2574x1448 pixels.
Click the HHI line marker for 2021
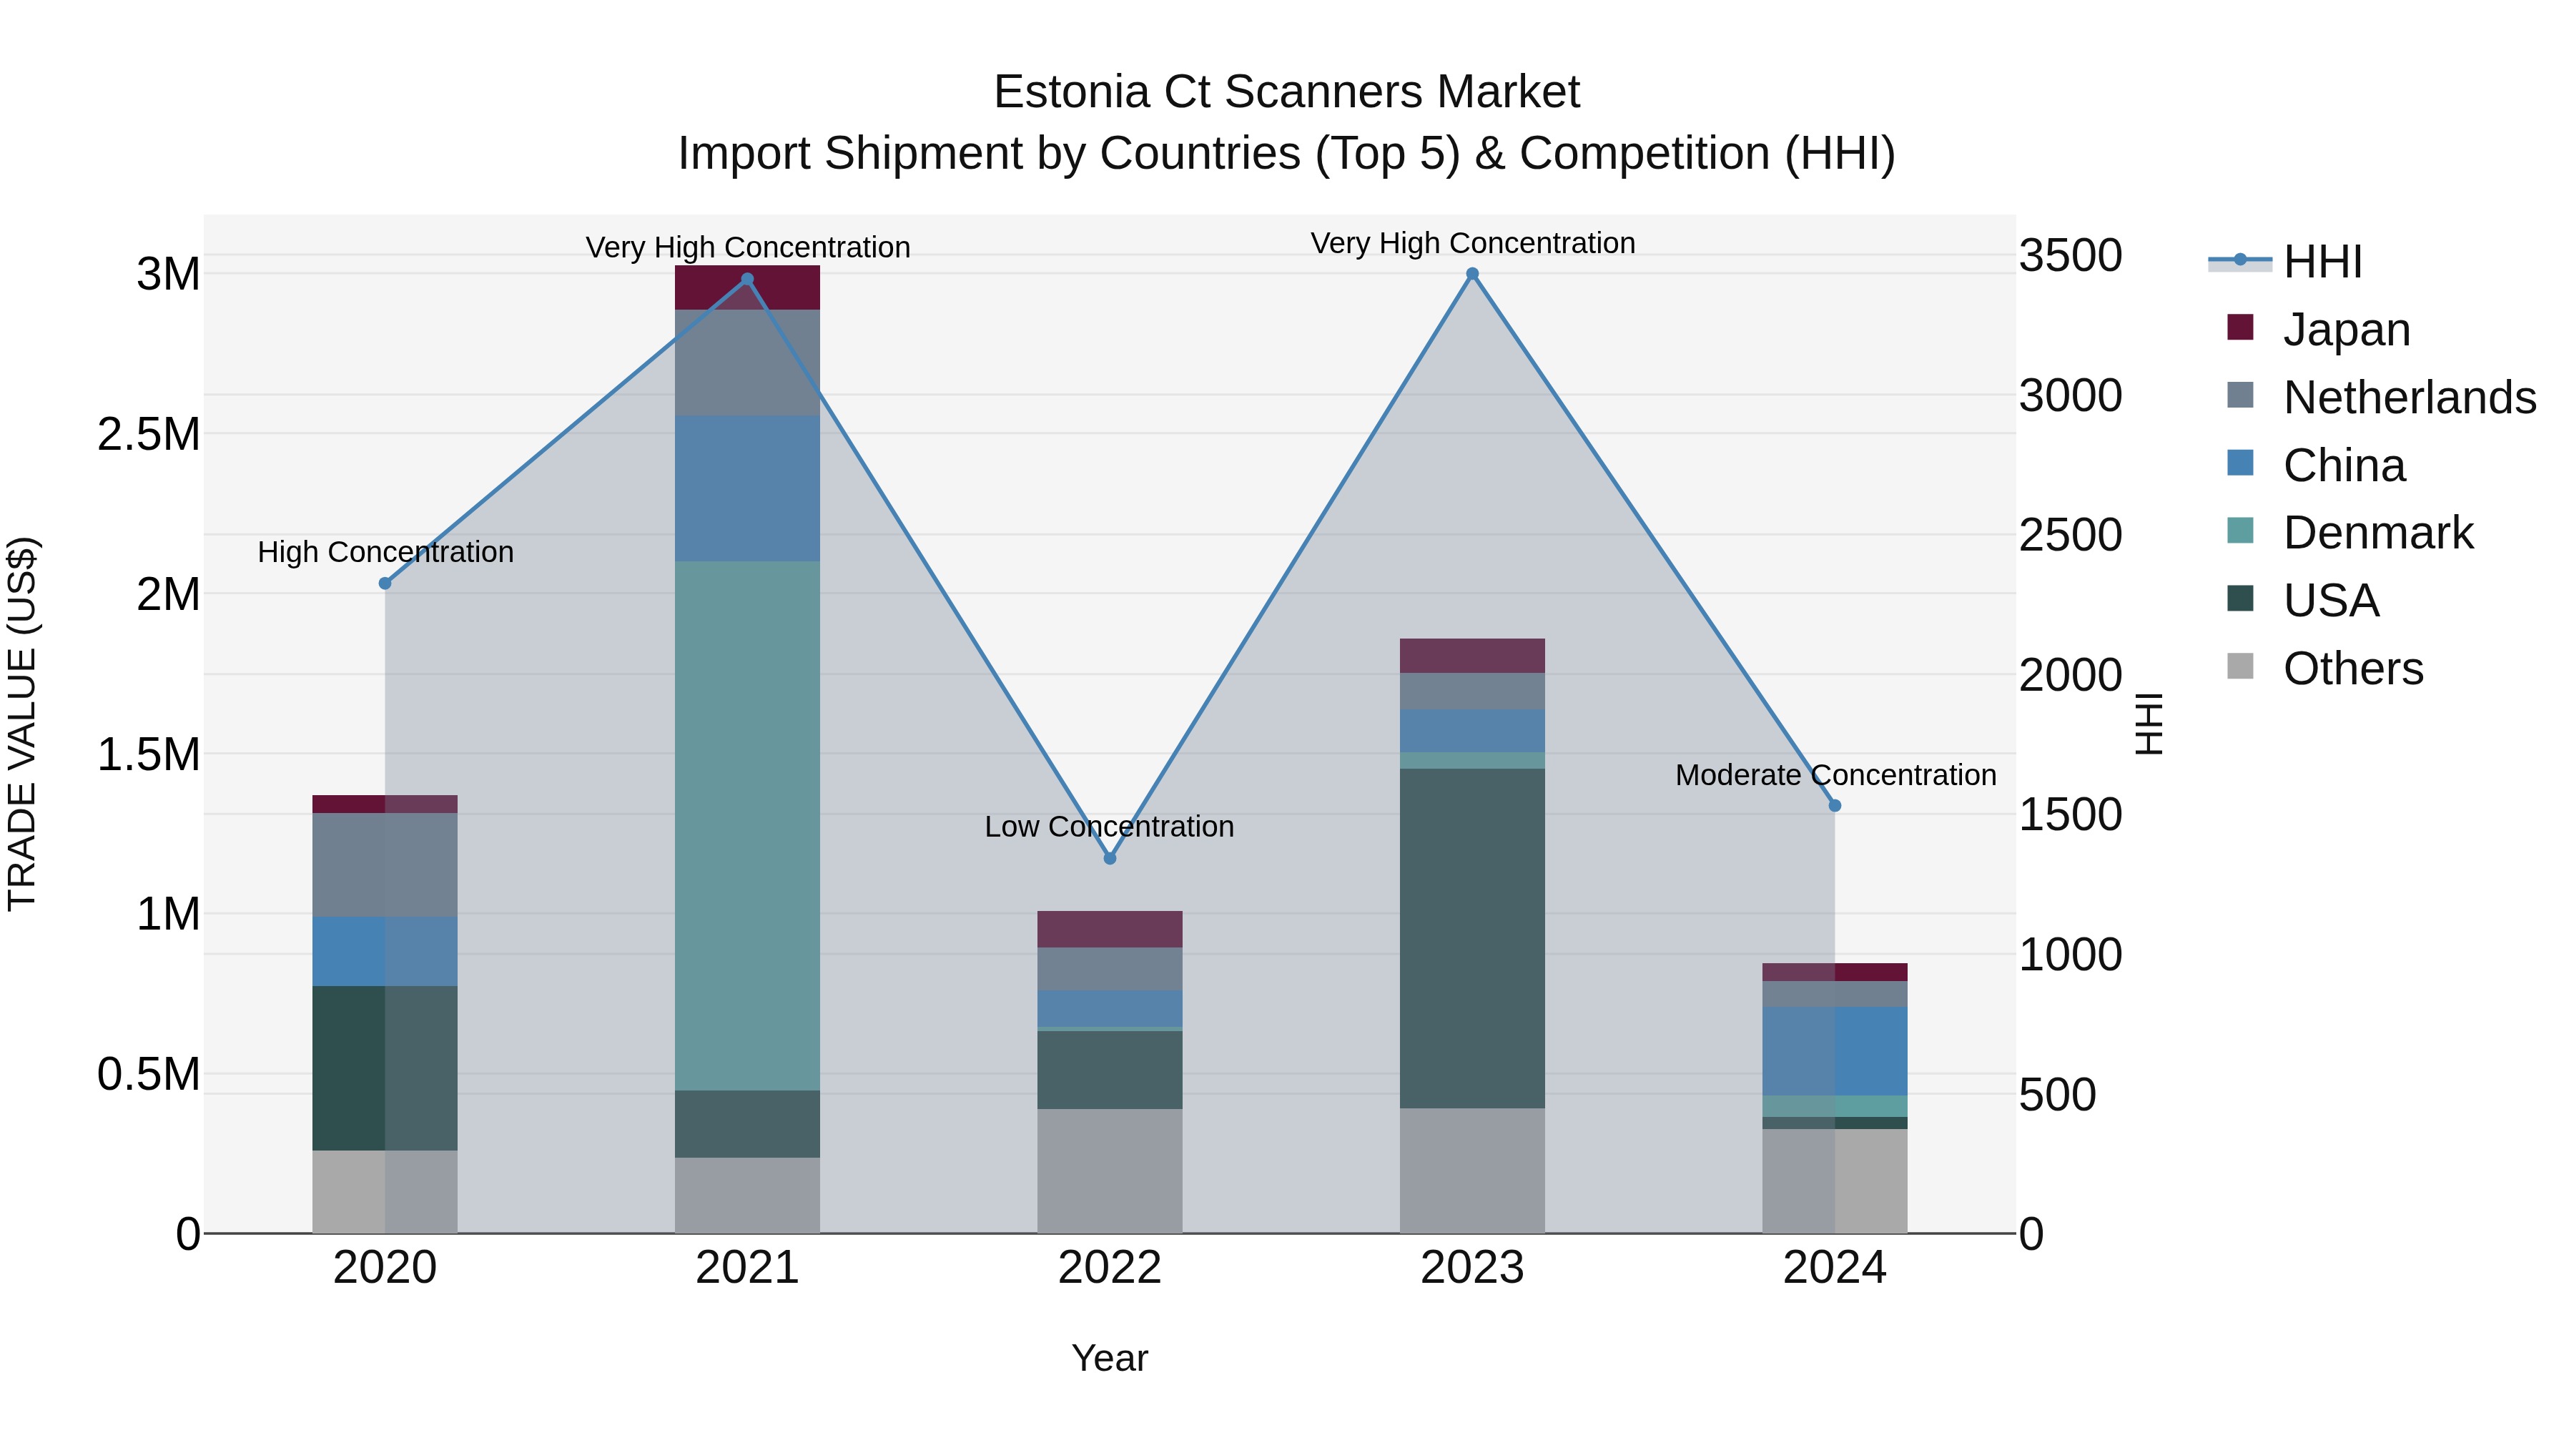click(746, 280)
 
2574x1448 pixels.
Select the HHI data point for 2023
click(1472, 274)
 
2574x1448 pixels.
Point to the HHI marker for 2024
click(1835, 805)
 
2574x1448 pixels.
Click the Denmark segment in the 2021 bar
click(746, 824)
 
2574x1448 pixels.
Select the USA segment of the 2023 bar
click(1472, 937)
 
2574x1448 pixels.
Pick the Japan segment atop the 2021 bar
click(746, 287)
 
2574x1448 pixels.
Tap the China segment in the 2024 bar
click(1835, 1051)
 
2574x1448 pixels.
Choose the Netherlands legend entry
click(2408, 398)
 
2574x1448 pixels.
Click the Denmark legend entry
click(2377, 533)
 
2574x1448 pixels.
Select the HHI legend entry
click(2321, 262)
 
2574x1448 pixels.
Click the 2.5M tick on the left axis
click(149, 435)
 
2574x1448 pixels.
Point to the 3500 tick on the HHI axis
click(2071, 256)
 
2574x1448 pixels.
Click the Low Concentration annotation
click(1109, 827)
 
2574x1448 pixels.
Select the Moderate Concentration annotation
click(1835, 774)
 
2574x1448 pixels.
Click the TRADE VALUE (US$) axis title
click(22, 724)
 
